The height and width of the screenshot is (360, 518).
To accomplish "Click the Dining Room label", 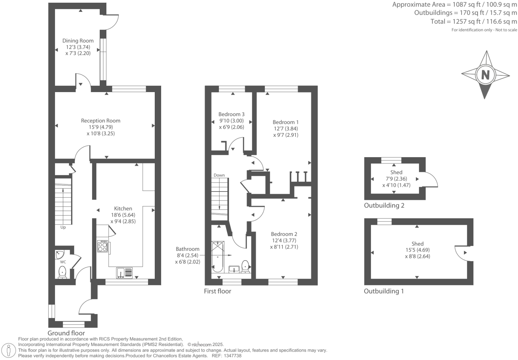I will (78, 41).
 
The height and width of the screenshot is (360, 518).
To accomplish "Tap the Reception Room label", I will (100, 121).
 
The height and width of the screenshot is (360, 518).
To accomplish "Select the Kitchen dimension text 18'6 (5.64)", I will (123, 215).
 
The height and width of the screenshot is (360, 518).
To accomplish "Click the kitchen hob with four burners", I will (102, 247).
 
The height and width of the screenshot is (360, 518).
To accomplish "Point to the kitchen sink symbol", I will (124, 273).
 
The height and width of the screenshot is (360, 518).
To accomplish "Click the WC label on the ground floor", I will (63, 262).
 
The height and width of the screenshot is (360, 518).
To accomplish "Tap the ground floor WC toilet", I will (62, 273).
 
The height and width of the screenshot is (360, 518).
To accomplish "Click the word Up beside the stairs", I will (63, 228).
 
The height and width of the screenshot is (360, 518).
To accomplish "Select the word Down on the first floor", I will (219, 175).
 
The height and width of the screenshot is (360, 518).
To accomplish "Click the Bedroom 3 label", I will (231, 114).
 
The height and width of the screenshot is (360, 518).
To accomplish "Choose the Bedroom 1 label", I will (286, 122).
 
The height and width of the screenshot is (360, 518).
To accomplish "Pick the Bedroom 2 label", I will (284, 234).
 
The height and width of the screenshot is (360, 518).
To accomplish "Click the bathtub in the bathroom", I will (217, 257).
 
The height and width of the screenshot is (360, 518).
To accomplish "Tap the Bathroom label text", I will (187, 249).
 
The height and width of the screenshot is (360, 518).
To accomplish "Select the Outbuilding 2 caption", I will (384, 206).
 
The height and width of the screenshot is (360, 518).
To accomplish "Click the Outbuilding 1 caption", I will (384, 291).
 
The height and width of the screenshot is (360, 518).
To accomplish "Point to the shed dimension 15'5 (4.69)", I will (417, 250).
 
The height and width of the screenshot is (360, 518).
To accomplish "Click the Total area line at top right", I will (474, 22).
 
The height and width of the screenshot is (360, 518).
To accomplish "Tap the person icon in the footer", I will (9, 351).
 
